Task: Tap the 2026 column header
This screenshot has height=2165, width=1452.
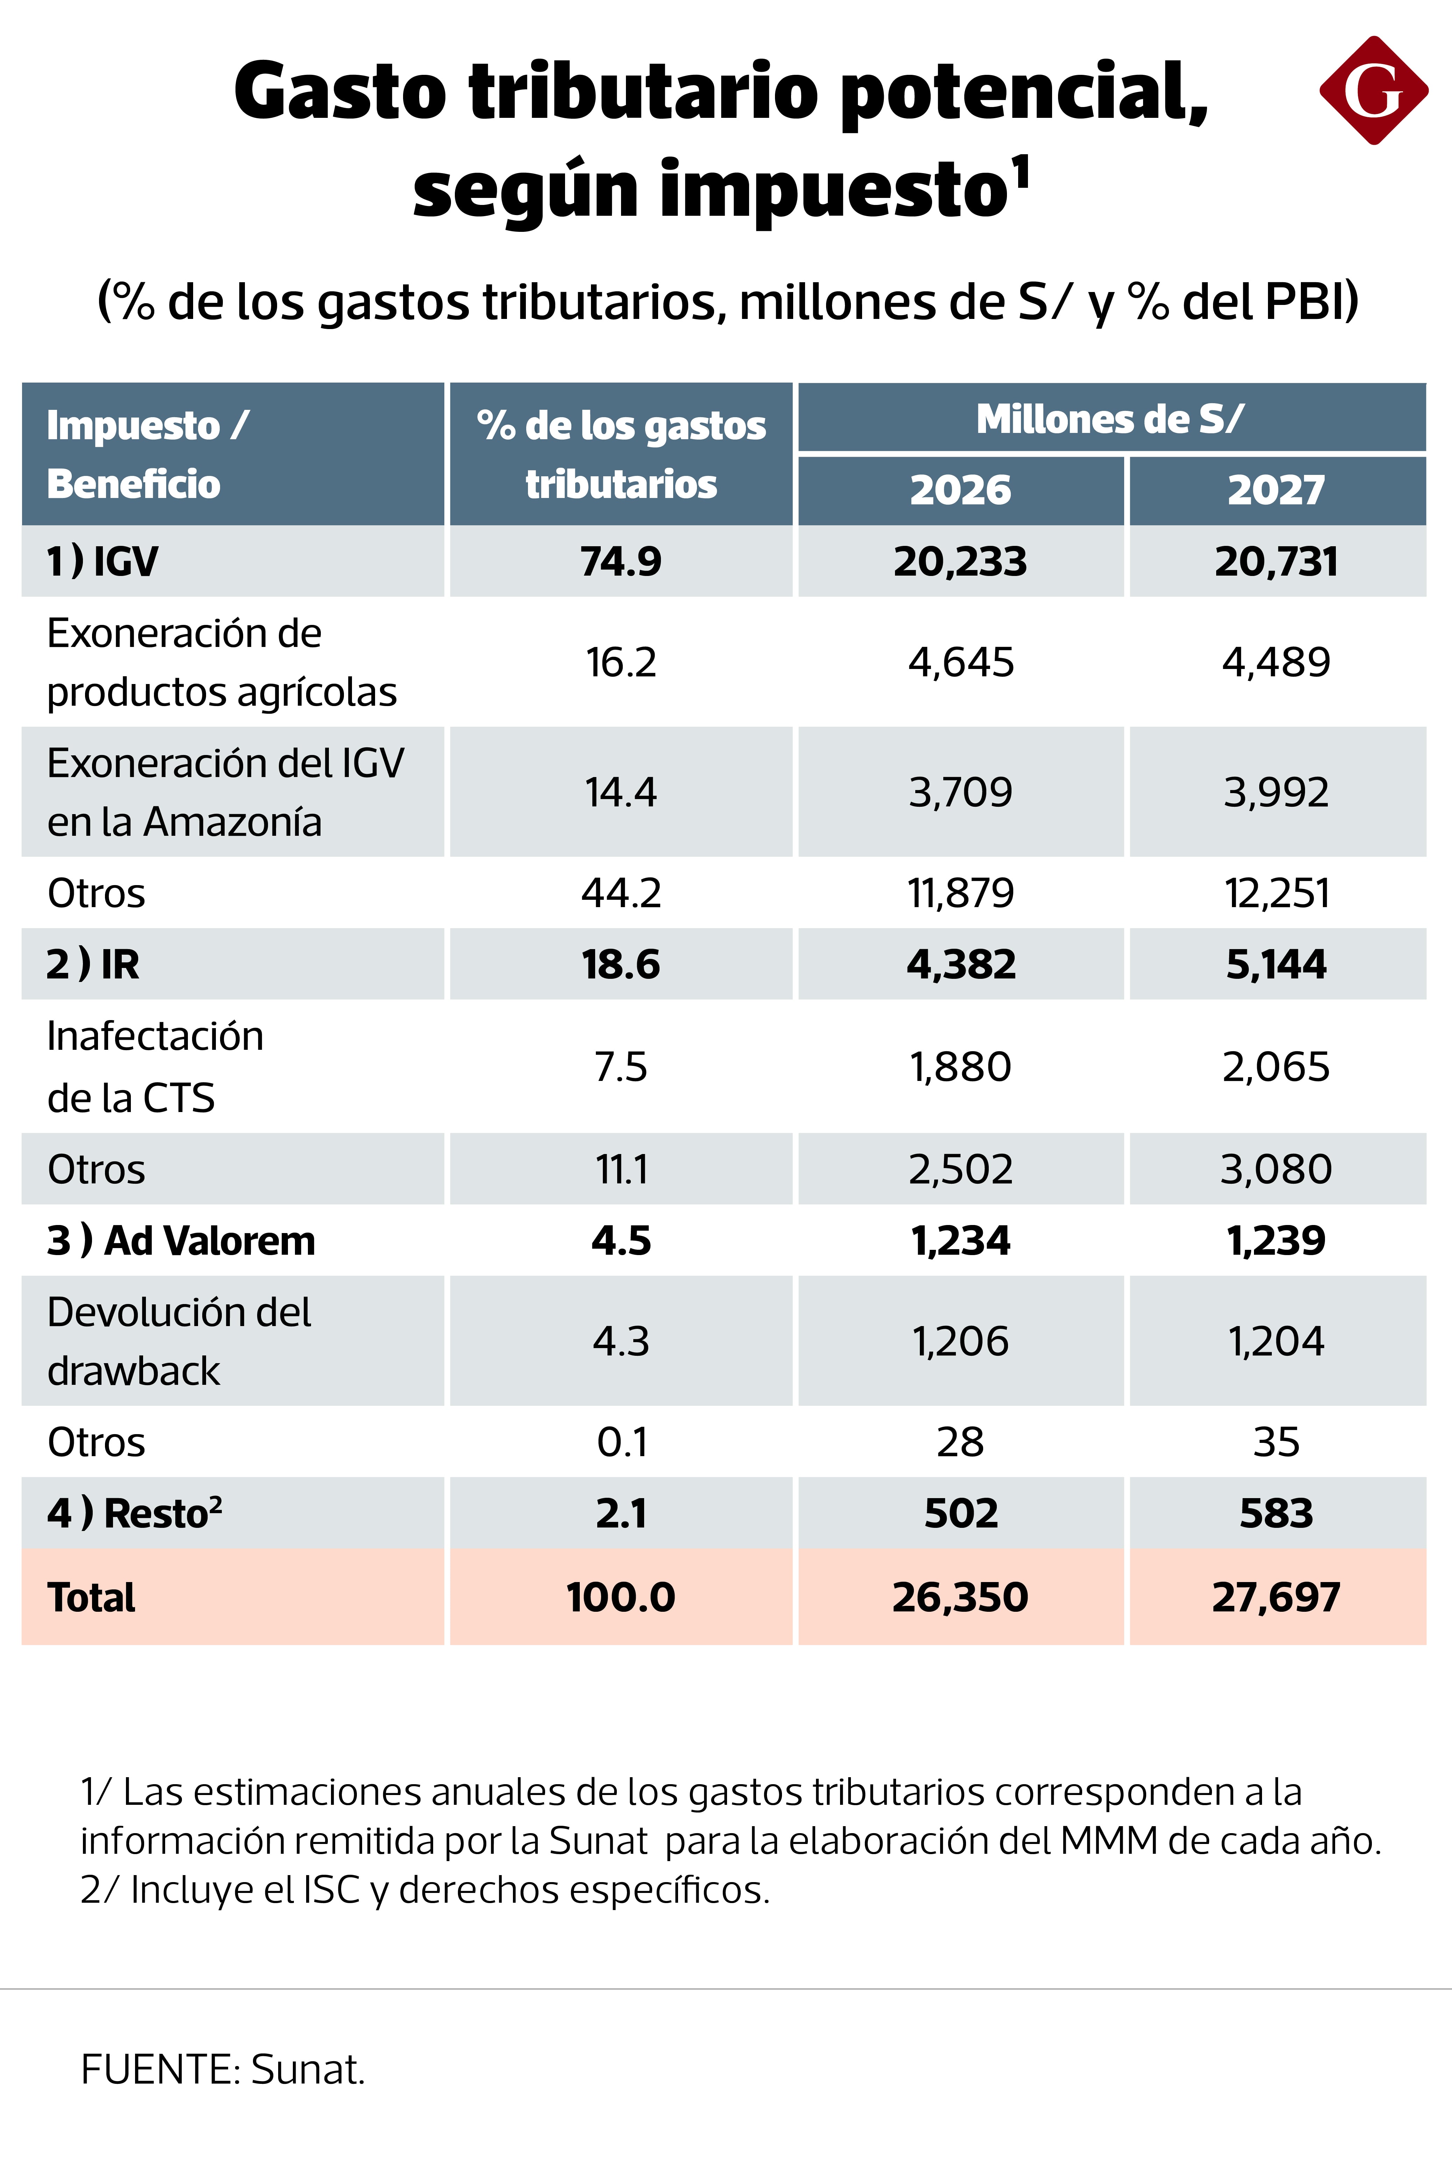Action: [960, 490]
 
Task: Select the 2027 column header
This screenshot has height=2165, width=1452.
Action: [1276, 490]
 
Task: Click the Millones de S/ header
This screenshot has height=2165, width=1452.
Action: [1110, 419]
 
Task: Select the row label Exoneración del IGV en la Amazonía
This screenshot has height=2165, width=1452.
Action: [225, 792]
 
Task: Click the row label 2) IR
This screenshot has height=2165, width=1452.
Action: [93, 964]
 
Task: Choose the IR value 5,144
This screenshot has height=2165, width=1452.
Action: [1276, 964]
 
